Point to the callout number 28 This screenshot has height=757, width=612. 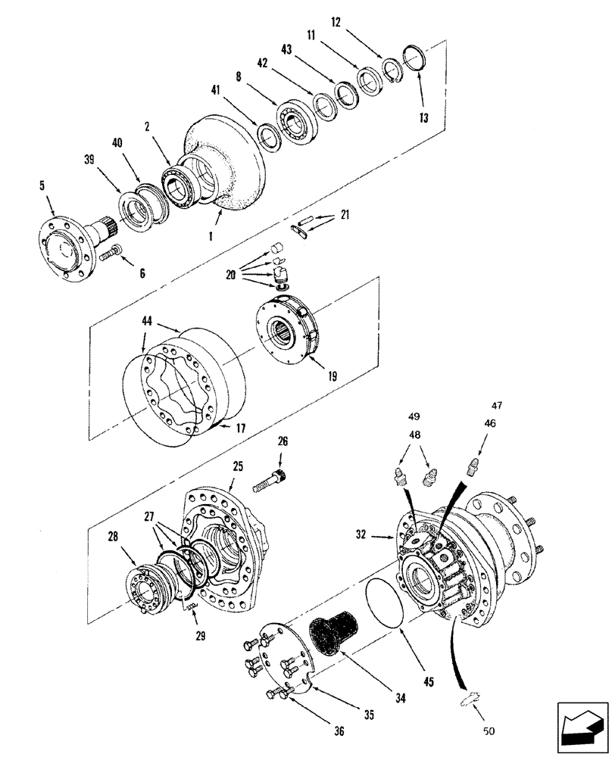tap(113, 537)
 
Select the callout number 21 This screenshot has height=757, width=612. tap(345, 217)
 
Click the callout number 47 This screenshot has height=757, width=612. tap(497, 406)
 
